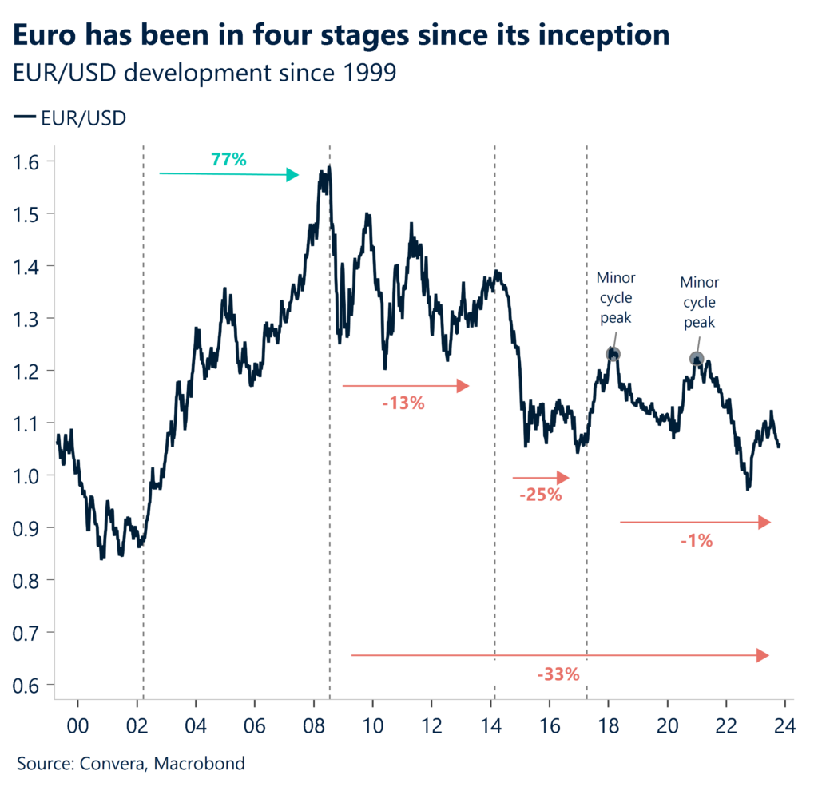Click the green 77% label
(x=228, y=159)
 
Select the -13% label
(x=403, y=403)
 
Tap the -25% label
(x=541, y=495)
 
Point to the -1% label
(x=697, y=540)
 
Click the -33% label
(x=558, y=674)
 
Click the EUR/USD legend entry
(x=70, y=118)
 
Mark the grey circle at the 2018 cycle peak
(x=613, y=354)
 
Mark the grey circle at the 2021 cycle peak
(x=697, y=359)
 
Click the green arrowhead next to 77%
(x=293, y=174)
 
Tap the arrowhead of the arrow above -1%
(x=764, y=522)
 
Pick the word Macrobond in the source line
(x=201, y=764)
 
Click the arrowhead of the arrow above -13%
(x=463, y=386)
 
